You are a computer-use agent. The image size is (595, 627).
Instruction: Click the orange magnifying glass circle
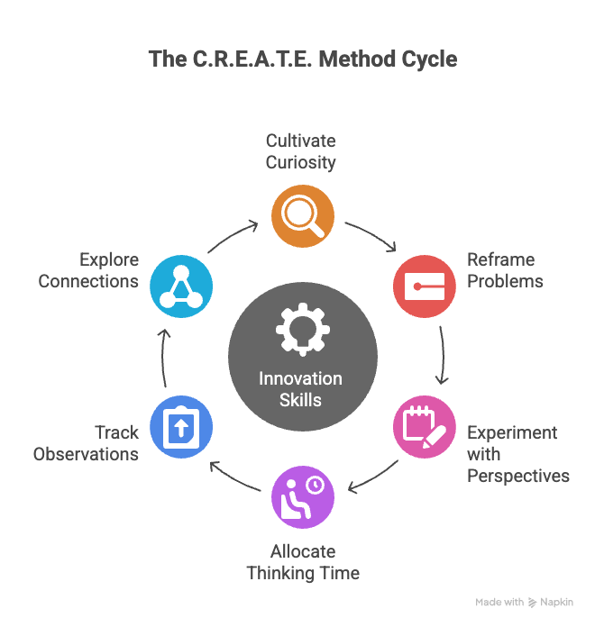click(x=303, y=216)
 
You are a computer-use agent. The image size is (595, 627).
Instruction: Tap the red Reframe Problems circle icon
click(x=424, y=286)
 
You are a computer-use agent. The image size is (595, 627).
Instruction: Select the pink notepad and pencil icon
click(x=424, y=426)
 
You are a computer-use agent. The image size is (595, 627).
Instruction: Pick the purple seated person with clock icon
click(x=303, y=496)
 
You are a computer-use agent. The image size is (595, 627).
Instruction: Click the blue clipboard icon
click(x=182, y=426)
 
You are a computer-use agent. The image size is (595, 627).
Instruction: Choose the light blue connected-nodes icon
click(x=182, y=286)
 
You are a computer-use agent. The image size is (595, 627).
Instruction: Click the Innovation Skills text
click(x=300, y=389)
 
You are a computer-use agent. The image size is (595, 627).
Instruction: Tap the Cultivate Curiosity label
click(x=300, y=151)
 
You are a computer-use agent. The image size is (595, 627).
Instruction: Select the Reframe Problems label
click(x=505, y=270)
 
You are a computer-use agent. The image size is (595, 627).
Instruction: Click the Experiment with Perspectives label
click(x=517, y=454)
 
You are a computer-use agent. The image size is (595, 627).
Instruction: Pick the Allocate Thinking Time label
click(x=303, y=562)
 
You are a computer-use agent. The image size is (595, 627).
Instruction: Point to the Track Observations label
click(x=87, y=443)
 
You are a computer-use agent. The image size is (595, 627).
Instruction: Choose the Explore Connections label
click(x=88, y=270)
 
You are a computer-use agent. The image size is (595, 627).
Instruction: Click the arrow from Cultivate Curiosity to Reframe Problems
click(x=373, y=234)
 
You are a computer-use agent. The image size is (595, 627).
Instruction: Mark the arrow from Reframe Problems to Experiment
click(x=442, y=356)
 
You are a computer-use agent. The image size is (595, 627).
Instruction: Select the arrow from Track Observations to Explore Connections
click(x=163, y=356)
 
